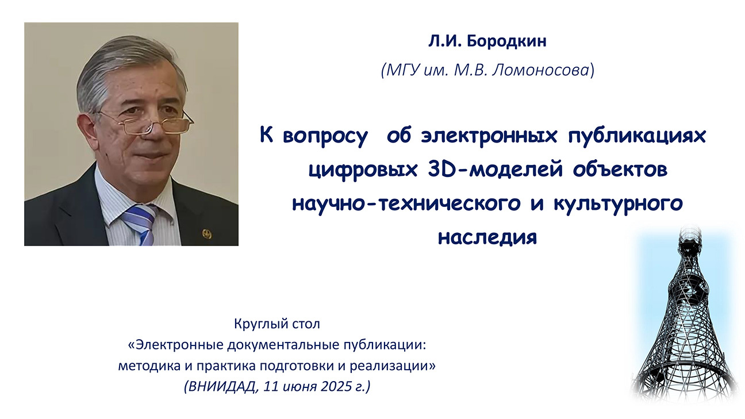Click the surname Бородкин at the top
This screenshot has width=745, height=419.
click(x=506, y=42)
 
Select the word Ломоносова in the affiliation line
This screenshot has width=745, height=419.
click(x=541, y=70)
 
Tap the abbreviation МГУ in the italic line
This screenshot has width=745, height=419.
click(x=403, y=70)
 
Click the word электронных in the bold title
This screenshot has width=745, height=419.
click(x=489, y=136)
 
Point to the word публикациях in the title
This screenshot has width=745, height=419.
click(x=637, y=136)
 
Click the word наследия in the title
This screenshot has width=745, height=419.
click(x=487, y=237)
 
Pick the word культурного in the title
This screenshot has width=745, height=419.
click(x=618, y=204)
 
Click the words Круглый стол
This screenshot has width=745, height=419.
click(x=277, y=324)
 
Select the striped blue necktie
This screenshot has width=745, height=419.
click(x=140, y=224)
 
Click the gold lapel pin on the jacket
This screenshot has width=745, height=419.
click(x=207, y=233)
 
